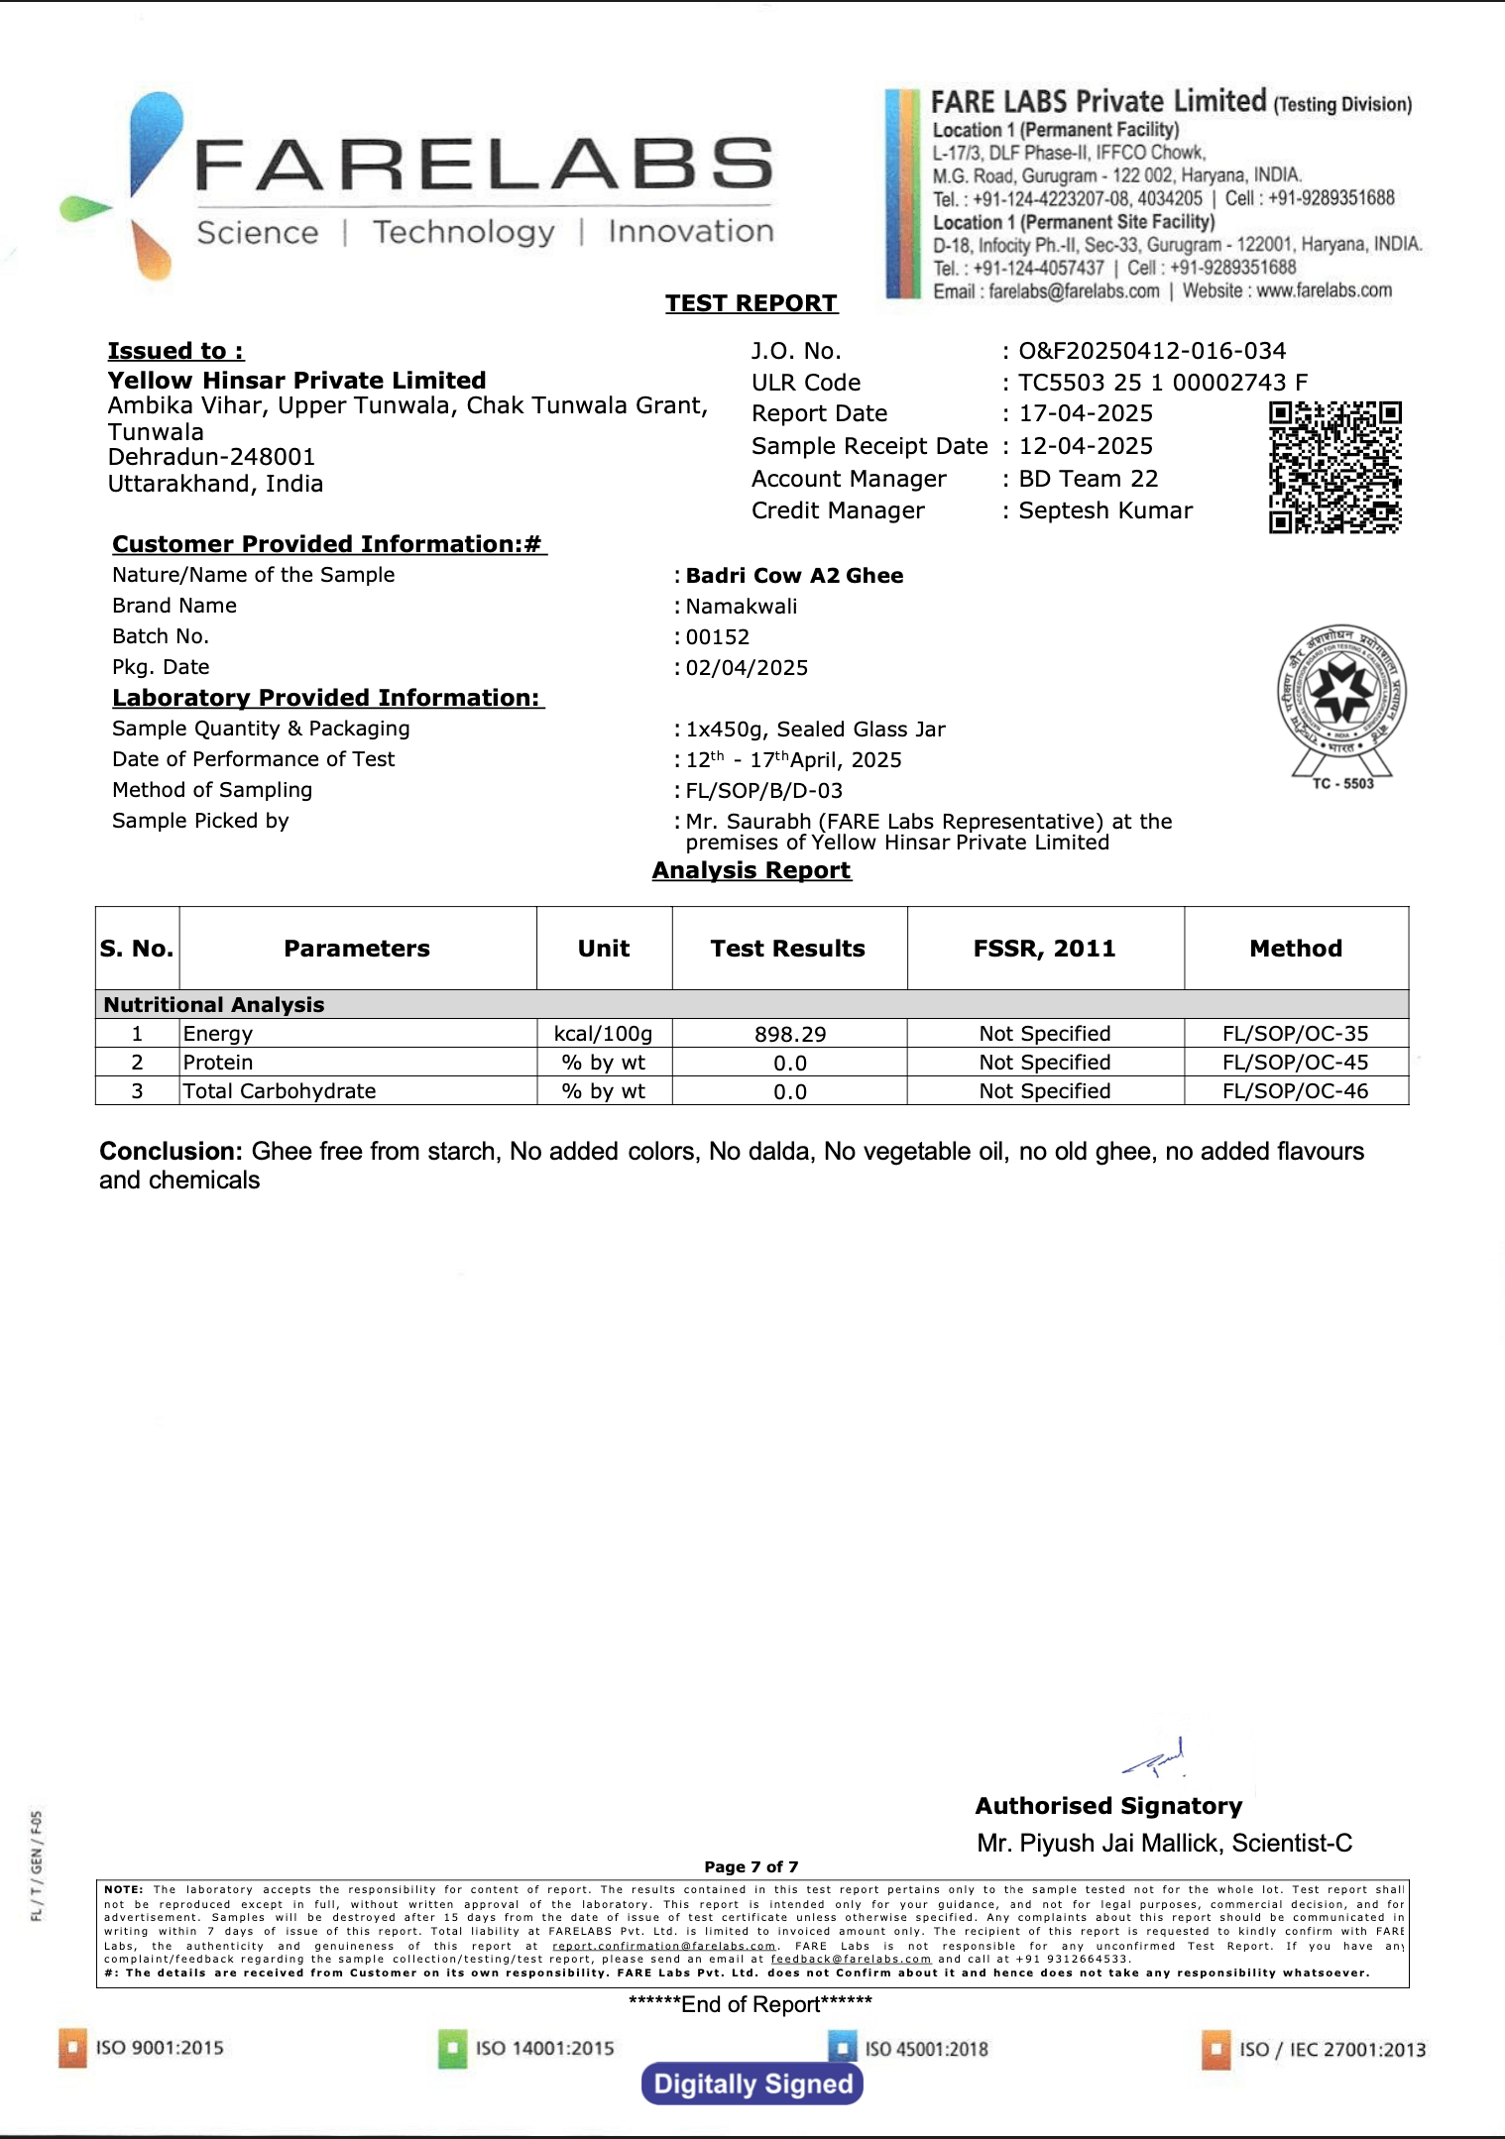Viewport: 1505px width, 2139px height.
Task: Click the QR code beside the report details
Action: [x=1334, y=467]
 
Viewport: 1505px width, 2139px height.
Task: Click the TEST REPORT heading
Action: [x=752, y=303]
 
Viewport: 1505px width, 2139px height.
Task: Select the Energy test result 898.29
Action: [x=790, y=1035]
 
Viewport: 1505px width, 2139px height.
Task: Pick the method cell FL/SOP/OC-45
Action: [x=1295, y=1063]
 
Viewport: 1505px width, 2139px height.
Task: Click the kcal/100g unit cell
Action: [x=604, y=1034]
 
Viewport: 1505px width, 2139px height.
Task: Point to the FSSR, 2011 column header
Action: [x=1044, y=949]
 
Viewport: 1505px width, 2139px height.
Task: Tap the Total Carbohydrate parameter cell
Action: [x=280, y=1091]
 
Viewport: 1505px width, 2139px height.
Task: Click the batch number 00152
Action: [x=718, y=637]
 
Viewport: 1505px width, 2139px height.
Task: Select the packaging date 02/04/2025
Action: [x=747, y=668]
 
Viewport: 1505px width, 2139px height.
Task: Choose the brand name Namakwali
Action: [x=742, y=607]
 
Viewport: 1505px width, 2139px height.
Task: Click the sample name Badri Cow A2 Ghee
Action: [x=794, y=576]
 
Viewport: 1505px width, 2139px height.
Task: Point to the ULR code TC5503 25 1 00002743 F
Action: [x=1163, y=383]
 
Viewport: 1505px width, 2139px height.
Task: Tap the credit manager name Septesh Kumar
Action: [x=1105, y=510]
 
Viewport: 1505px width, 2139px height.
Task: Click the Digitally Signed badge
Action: [x=752, y=2083]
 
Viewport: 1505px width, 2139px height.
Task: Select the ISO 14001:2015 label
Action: [x=544, y=2048]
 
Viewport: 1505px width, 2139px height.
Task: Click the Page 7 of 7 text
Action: [x=752, y=1866]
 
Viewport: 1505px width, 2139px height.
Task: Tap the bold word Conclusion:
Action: [x=171, y=1152]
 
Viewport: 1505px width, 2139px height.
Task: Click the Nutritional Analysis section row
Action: [x=214, y=1005]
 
